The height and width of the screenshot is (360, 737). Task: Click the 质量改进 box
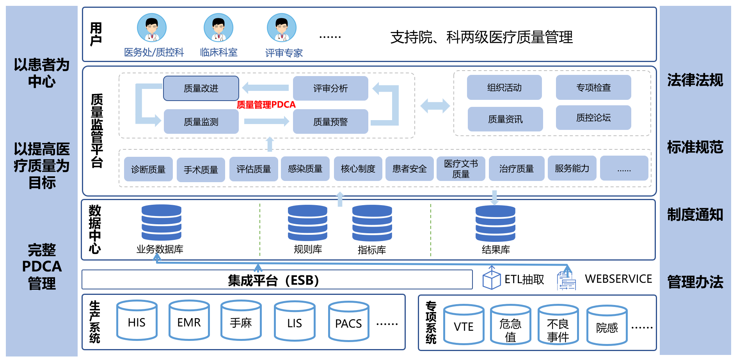201,89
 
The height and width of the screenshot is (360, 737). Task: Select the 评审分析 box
330,89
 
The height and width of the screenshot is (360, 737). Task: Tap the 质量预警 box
330,122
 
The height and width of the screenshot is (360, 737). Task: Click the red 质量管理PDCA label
266,105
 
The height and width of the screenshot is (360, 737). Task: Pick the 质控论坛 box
593,117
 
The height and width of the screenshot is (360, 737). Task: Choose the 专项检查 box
593,87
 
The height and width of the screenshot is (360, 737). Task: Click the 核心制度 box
358,168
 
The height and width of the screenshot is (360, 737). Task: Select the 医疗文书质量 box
461,168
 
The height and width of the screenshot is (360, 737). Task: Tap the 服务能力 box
572,168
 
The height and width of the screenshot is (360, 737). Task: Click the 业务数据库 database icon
161,222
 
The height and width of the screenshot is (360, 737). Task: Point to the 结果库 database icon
495,223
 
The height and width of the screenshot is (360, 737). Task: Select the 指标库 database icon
372,223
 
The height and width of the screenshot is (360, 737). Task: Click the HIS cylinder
137,322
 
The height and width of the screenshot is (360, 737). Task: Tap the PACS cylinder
348,323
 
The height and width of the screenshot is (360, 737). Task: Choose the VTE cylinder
464,325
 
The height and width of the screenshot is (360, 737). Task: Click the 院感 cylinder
607,326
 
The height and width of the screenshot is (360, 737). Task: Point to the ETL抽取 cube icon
491,279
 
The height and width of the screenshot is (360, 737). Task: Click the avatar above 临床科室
218,28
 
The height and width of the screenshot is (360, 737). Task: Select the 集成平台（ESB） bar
277,280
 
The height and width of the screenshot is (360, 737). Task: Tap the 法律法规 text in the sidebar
695,80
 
